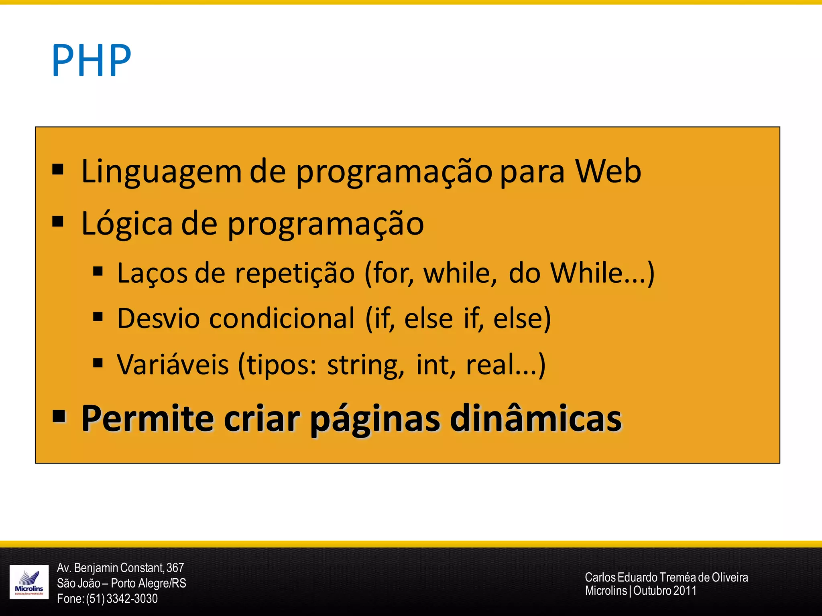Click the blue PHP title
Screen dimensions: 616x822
click(x=92, y=61)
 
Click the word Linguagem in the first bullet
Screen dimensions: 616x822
click(x=161, y=172)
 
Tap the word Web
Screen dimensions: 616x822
click(x=608, y=172)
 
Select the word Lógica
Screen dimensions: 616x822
click(x=126, y=224)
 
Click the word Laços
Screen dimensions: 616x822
click(x=152, y=274)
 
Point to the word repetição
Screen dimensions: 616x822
click(x=295, y=274)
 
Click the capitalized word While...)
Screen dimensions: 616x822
click(x=602, y=274)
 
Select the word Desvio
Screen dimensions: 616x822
click(x=158, y=319)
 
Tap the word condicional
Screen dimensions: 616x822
click(x=282, y=319)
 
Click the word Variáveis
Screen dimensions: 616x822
click(x=173, y=365)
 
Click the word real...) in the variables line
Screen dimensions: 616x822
click(x=505, y=365)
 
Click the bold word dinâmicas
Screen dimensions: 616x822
click(x=535, y=419)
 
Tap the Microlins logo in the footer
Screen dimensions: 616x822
click(x=29, y=582)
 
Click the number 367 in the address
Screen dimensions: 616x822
click(x=175, y=568)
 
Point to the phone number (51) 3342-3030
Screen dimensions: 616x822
click(x=122, y=599)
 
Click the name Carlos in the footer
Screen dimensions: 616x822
click(x=600, y=577)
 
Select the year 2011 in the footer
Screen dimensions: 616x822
click(x=685, y=591)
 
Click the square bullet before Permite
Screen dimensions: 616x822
click(x=59, y=416)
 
